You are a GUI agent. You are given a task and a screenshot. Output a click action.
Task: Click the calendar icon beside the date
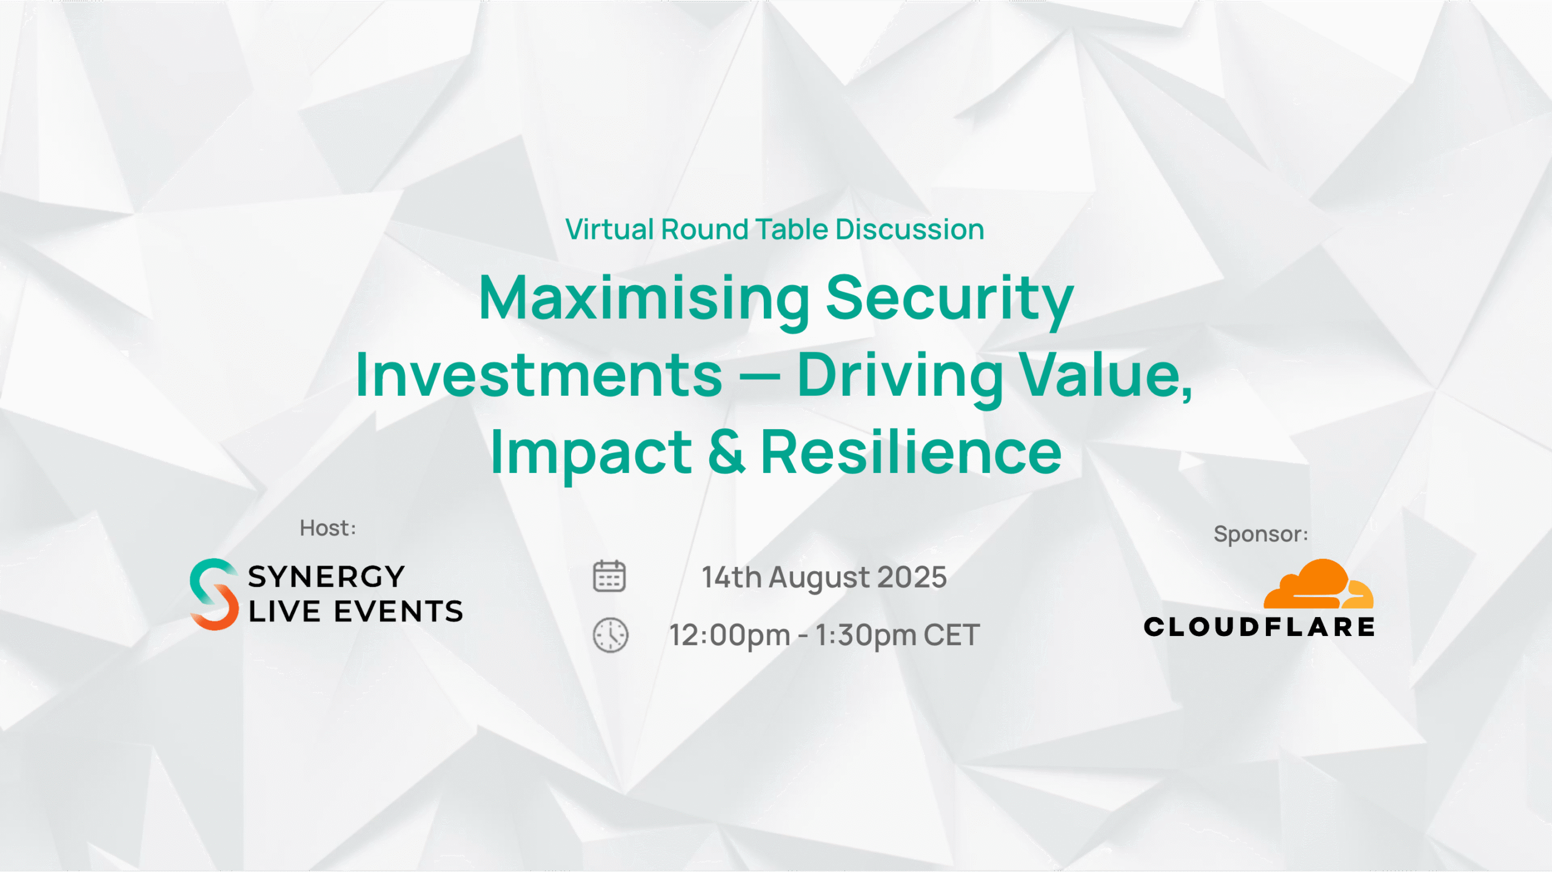click(609, 576)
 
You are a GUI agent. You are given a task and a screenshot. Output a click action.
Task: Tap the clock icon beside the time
click(610, 635)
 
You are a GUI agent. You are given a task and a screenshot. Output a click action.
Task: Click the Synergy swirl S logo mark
click(214, 594)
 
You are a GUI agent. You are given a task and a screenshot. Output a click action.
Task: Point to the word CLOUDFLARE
click(1259, 627)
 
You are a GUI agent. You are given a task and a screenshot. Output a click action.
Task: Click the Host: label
click(328, 528)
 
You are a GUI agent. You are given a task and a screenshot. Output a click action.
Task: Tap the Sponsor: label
click(1261, 534)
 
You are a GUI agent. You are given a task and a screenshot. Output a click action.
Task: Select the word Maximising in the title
click(644, 298)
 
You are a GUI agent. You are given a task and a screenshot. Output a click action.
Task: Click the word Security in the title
click(950, 298)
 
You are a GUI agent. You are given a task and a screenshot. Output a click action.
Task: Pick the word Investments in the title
click(539, 375)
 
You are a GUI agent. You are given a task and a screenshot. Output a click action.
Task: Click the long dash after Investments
click(760, 377)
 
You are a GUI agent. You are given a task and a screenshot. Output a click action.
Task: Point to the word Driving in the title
click(900, 376)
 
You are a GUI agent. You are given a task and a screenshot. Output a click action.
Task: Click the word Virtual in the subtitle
click(610, 229)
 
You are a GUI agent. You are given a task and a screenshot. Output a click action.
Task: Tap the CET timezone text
click(952, 635)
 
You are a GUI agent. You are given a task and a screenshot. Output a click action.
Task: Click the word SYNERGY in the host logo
click(326, 577)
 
